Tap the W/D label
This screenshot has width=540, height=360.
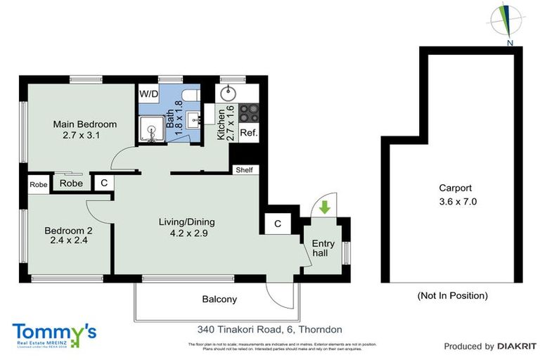point(148,94)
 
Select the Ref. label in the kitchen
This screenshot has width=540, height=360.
point(249,133)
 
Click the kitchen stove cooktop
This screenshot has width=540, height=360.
point(249,113)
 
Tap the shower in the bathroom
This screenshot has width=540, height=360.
point(152,129)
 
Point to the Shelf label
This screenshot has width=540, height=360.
point(244,170)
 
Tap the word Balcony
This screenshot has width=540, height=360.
point(219,300)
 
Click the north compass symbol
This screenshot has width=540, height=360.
point(506,21)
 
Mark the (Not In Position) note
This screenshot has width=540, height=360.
point(452,295)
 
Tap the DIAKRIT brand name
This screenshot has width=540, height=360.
point(517,346)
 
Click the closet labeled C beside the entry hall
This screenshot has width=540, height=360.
point(278,224)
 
